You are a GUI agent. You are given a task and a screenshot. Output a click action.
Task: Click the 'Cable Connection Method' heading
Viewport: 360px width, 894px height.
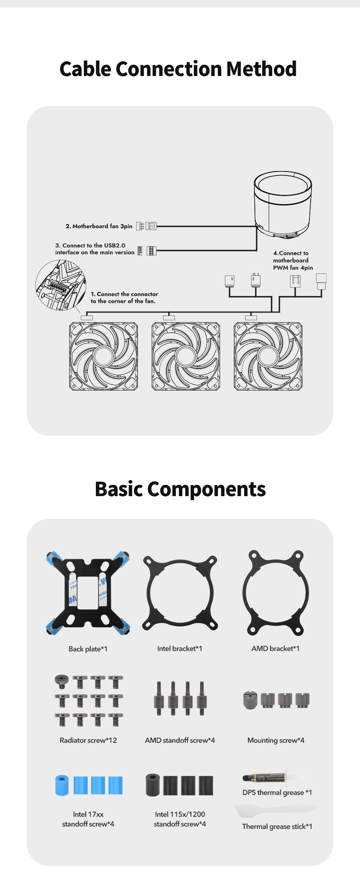(x=178, y=69)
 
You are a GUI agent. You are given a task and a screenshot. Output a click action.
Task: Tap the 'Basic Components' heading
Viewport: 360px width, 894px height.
(x=180, y=489)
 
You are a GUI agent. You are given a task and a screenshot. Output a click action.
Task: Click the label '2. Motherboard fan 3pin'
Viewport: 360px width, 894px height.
(x=99, y=226)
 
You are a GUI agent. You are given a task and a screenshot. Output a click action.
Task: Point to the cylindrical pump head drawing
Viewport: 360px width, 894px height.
(x=283, y=205)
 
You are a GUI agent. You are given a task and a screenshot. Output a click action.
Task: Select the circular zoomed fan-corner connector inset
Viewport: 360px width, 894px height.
(x=61, y=285)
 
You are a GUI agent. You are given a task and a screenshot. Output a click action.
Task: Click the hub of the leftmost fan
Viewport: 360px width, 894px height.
(x=104, y=356)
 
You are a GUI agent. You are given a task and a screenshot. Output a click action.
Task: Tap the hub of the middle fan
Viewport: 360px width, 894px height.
(x=186, y=356)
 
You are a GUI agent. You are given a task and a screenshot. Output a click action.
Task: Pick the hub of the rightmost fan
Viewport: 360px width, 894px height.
(x=268, y=356)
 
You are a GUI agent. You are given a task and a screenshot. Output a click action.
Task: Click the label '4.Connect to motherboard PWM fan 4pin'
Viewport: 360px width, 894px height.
(x=293, y=260)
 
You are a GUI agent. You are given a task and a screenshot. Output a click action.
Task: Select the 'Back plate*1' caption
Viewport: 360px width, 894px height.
(x=88, y=649)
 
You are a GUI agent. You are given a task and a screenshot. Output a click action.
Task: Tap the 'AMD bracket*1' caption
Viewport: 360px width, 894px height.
(x=275, y=649)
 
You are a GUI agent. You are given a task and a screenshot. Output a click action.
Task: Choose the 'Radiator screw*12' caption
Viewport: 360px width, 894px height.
(x=88, y=740)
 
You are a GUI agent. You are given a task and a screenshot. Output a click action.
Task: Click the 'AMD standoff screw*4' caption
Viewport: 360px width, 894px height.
(x=180, y=740)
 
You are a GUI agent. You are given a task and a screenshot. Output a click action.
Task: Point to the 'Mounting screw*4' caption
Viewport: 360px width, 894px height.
(x=276, y=740)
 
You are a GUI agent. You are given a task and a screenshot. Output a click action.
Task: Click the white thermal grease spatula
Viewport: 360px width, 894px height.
(x=275, y=810)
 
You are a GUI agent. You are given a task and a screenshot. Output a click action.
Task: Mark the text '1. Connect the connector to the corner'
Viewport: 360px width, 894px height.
(x=124, y=298)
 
